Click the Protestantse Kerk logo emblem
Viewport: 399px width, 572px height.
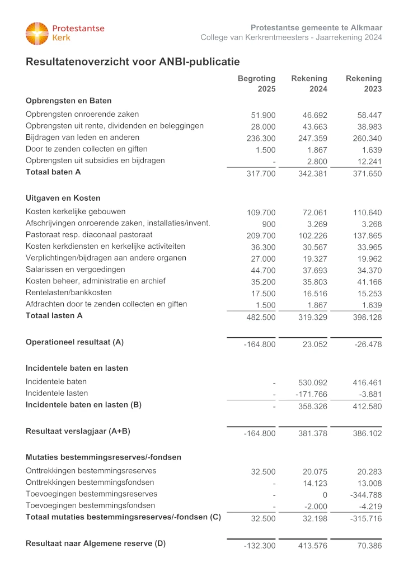pos(37,34)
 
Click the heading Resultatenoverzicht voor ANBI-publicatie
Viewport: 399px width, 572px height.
pos(133,62)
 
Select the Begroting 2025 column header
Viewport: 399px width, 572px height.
pos(257,83)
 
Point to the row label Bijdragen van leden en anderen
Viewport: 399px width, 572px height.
pos(82,138)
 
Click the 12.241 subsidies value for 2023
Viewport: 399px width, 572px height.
pos(369,162)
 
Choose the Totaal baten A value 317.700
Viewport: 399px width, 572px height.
pos(261,174)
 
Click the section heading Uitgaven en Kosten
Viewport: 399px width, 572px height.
pos(63,198)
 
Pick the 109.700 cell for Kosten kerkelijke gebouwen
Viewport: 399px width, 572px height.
pos(261,212)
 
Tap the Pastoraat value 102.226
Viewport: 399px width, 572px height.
pos(313,236)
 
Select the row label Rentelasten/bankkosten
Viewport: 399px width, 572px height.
pos(68,292)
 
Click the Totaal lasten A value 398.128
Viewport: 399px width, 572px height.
pos(368,317)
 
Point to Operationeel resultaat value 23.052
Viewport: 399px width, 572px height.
pos(315,344)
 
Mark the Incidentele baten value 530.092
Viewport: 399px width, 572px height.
pos(313,383)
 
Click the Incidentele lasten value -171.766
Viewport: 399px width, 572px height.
pos(311,395)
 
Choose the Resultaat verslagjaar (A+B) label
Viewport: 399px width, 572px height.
pos(78,431)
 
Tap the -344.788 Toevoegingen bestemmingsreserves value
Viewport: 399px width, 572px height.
pos(366,495)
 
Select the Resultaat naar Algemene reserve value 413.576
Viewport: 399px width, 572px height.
pos(313,546)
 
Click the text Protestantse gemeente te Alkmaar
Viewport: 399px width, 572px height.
pos(316,27)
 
